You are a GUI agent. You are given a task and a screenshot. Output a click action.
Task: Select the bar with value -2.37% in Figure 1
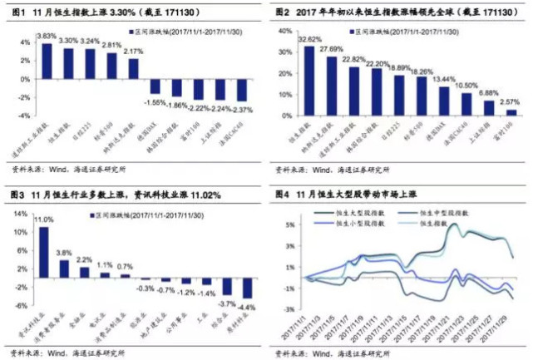(x=241, y=91)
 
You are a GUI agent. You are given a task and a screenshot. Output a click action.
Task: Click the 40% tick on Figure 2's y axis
(x=284, y=30)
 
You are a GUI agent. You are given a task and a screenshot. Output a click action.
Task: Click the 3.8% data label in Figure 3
(x=64, y=253)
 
